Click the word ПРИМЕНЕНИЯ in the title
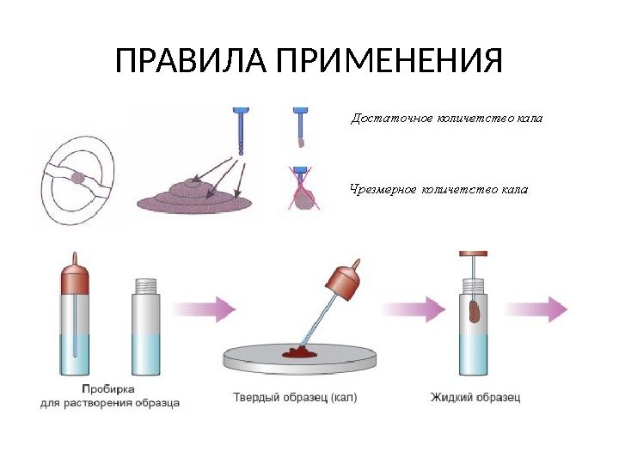[378, 62]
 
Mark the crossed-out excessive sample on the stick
[303, 197]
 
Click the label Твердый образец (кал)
[295, 398]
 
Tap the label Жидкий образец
[475, 398]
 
